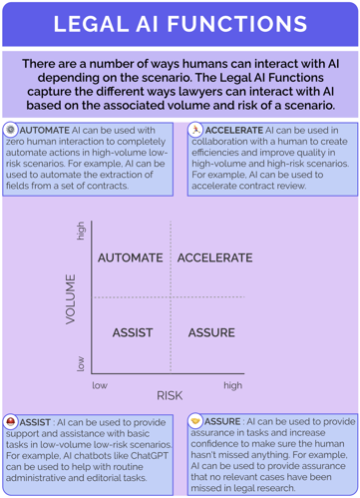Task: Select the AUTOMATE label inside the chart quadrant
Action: pos(131,257)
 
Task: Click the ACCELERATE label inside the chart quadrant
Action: pos(215,257)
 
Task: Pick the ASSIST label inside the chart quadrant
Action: pos(132,332)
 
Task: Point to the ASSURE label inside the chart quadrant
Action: pos(211,332)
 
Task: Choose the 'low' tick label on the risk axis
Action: pos(100,384)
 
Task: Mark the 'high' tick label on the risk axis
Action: pos(232,384)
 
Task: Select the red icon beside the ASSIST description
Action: pos(10,422)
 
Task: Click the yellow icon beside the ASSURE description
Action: pos(194,422)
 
